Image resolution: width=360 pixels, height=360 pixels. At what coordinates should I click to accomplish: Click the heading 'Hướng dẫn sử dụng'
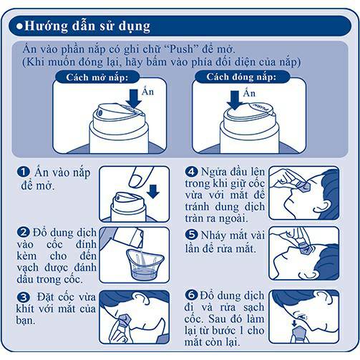click(87, 26)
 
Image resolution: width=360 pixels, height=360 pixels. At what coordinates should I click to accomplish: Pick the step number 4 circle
click(191, 172)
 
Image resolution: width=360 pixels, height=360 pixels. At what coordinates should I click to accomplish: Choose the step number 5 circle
click(191, 234)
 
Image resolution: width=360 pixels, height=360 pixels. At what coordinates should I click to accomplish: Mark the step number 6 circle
click(191, 295)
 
